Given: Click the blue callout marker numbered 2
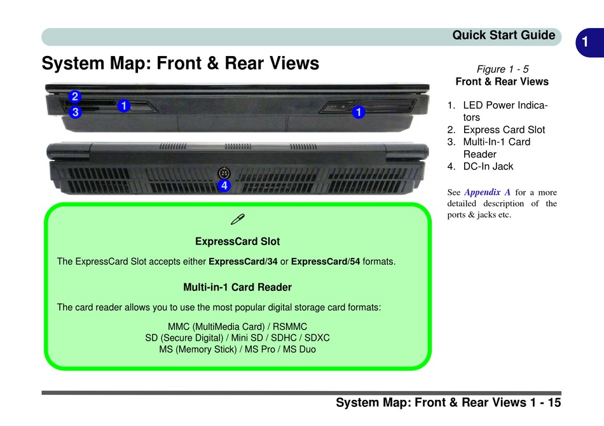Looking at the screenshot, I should pos(75,97).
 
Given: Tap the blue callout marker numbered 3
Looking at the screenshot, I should pos(75,112).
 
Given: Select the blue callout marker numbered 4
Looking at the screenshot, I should pos(223,186).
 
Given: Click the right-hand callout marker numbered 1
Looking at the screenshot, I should pos(359,112).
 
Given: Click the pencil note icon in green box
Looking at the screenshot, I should pos(238,220).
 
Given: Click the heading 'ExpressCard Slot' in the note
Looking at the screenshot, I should pos(237,241).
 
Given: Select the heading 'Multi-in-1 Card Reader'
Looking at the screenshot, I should pos(237,287).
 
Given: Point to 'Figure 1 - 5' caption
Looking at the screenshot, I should pos(502,69).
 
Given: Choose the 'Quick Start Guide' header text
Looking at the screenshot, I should pos(504,36).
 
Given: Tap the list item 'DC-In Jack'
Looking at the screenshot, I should pos(488,166).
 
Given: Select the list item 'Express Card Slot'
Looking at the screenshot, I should pos(504,129).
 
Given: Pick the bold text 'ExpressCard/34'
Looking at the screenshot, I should pos(243,262).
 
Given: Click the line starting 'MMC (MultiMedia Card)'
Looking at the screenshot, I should pos(237,326).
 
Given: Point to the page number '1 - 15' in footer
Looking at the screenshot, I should pos(544,402).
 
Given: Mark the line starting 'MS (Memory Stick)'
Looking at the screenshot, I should pos(237,349).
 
